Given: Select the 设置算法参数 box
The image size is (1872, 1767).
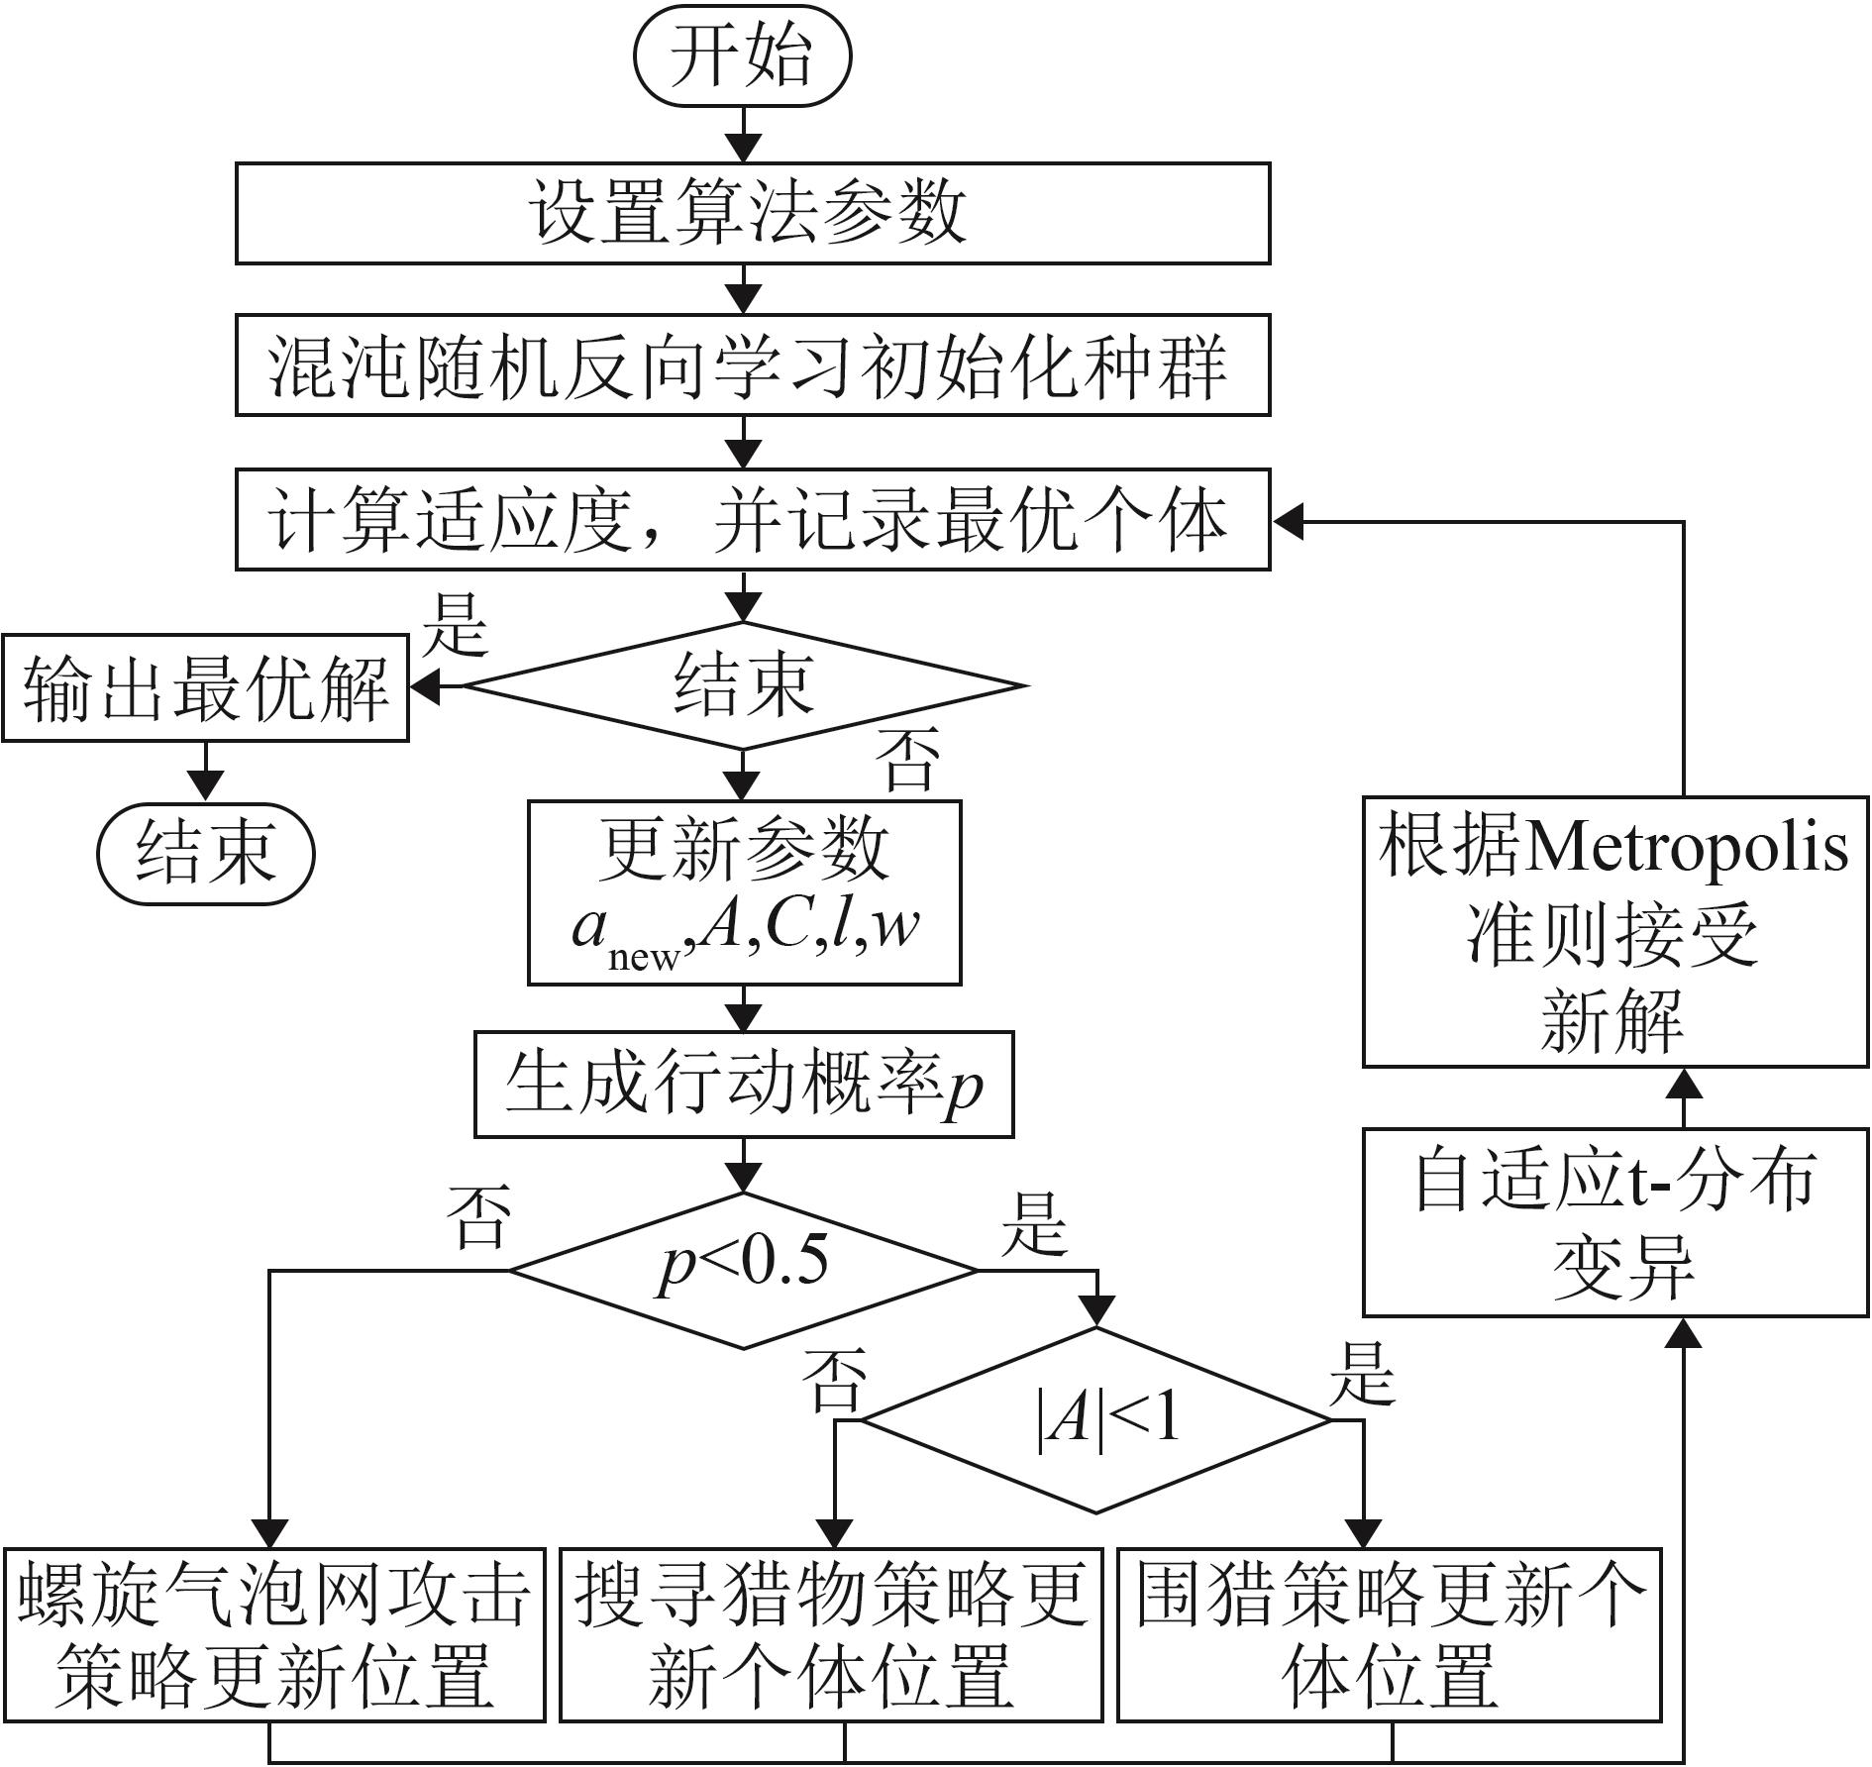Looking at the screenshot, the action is click(x=753, y=213).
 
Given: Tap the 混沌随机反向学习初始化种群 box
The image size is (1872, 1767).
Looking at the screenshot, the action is click(x=753, y=365).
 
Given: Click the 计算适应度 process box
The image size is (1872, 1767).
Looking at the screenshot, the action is click(x=753, y=520).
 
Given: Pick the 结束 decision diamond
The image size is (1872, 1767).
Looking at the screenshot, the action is click(x=743, y=685).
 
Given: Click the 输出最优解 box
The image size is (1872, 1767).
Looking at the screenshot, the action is click(x=205, y=687).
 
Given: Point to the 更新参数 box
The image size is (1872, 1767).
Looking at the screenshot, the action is click(x=745, y=892).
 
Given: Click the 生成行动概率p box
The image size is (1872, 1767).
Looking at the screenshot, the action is click(x=744, y=1085).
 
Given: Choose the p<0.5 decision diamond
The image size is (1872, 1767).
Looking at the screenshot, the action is click(x=744, y=1271).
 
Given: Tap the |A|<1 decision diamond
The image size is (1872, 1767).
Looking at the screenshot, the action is click(x=1095, y=1420).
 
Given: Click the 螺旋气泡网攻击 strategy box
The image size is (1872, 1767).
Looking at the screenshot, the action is click(x=273, y=1635).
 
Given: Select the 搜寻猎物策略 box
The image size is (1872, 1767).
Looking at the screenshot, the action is click(x=831, y=1635).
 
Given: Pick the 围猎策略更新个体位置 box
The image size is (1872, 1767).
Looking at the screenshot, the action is click(x=1390, y=1635).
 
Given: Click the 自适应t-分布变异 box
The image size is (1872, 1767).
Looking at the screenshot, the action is click(x=1615, y=1221).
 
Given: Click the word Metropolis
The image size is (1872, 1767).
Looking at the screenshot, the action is click(x=1686, y=849).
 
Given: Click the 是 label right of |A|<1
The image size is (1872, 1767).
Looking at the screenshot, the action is click(x=1363, y=1375).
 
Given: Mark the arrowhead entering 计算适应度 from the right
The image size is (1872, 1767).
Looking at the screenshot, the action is click(x=1287, y=521).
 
